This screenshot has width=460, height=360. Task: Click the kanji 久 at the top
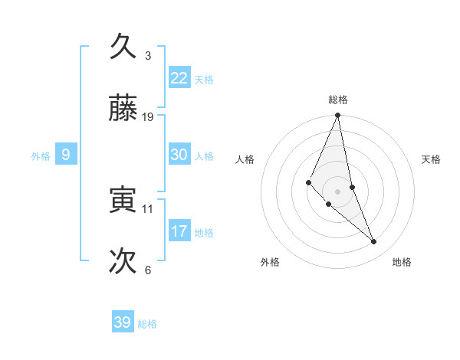click(123, 47)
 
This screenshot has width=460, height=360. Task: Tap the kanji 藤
click(123, 109)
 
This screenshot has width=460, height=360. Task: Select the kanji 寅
click(123, 200)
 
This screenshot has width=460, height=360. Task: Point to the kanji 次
click(123, 261)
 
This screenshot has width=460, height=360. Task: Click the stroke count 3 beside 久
click(148, 56)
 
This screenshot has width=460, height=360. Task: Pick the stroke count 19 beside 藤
click(148, 117)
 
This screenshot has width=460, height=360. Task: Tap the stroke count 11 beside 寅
click(148, 208)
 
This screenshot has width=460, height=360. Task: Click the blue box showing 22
click(179, 78)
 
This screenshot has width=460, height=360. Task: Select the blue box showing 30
click(179, 155)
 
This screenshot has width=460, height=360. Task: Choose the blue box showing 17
click(179, 231)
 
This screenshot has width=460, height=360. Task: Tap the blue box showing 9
click(66, 155)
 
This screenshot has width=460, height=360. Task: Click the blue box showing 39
click(123, 322)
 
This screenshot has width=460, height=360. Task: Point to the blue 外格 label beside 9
click(41, 156)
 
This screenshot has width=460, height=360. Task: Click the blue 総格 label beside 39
click(147, 324)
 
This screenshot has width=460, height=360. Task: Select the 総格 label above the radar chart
click(338, 100)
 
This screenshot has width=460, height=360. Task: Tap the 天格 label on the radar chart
click(432, 159)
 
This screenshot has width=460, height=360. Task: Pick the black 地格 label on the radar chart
click(402, 262)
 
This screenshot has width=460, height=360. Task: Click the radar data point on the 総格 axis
click(338, 116)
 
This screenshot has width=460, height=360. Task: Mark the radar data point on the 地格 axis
click(374, 241)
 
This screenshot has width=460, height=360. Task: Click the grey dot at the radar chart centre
click(338, 191)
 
